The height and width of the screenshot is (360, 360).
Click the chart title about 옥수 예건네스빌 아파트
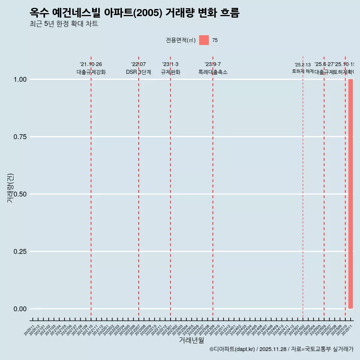[134, 13]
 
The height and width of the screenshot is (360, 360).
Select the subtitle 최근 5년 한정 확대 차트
[64, 24]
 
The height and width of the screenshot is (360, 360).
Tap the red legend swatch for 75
[204, 40]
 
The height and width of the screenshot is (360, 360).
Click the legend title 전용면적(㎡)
[181, 40]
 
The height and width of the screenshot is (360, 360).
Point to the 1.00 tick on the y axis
[20, 79]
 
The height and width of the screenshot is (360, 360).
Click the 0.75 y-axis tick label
[20, 137]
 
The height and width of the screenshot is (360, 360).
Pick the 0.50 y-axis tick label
[20, 194]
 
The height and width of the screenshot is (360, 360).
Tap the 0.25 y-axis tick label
[20, 252]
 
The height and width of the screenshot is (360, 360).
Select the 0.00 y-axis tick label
[20, 309]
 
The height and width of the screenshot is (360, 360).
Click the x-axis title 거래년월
[192, 340]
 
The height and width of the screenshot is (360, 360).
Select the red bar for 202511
[351, 194]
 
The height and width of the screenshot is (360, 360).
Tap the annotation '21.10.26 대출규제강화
[91, 68]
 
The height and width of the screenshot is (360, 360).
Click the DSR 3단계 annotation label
[138, 72]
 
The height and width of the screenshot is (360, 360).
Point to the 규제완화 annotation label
[171, 72]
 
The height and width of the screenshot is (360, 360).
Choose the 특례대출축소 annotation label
[213, 72]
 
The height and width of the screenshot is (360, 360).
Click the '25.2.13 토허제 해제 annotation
[303, 68]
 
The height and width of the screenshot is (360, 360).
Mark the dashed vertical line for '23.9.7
[213, 187]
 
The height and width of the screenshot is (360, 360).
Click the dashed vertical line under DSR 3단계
[139, 187]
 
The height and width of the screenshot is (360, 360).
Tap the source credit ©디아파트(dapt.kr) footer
[281, 349]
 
